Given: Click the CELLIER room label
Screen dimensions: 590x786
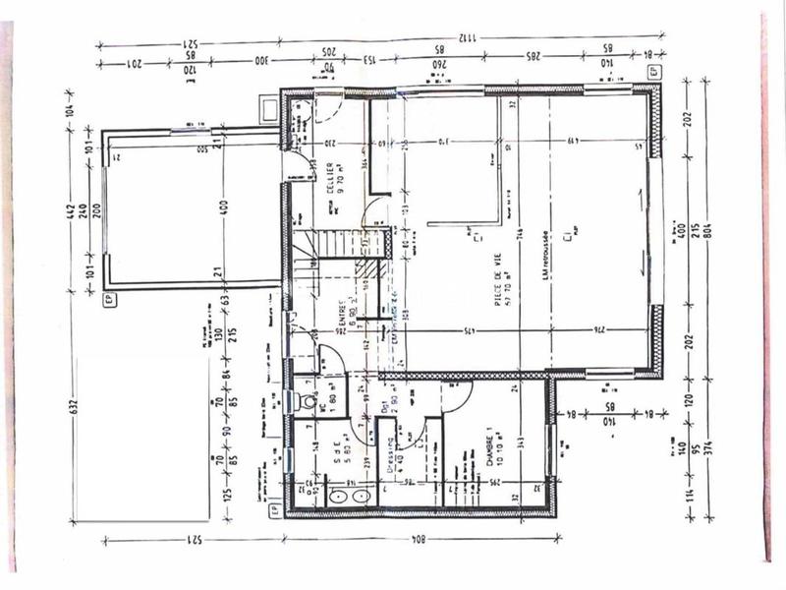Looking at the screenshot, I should click(x=335, y=179).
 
